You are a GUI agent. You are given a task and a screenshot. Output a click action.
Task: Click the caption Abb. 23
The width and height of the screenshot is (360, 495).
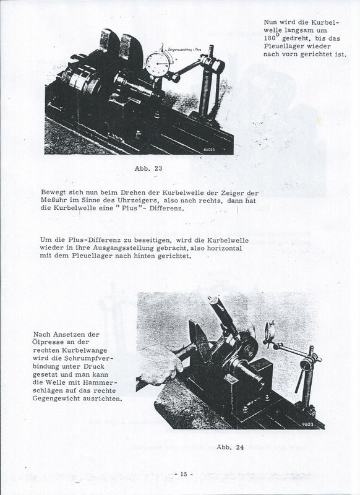point(148,168)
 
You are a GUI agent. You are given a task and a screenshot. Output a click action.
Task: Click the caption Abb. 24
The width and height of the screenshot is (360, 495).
point(230,447)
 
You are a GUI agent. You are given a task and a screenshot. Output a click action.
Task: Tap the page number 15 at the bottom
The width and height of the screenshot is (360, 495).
point(184,474)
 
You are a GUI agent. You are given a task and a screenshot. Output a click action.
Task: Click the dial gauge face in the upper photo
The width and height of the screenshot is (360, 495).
point(158,64)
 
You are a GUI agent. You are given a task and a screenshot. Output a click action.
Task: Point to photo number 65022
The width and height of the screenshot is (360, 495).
point(209,150)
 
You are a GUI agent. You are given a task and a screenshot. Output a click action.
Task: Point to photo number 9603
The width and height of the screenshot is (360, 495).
point(307,424)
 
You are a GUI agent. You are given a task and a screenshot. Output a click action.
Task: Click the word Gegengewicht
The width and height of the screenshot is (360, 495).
point(56,398)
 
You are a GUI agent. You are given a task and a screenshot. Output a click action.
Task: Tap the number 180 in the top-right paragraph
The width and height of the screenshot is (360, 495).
point(270,38)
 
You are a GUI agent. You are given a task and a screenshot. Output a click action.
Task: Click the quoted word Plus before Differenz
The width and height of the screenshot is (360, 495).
point(131,209)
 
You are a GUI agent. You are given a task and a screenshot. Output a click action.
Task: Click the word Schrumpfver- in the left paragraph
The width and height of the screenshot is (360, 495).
point(88,358)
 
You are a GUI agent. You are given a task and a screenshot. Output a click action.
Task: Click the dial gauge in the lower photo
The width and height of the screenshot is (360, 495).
point(270,332)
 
